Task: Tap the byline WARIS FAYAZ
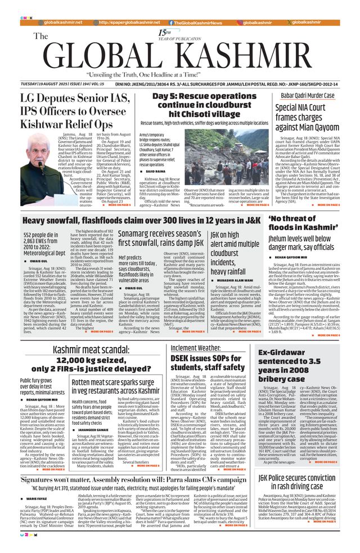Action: click(38, 498)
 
